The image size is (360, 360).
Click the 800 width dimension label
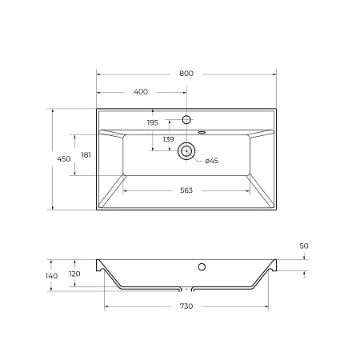[186, 74]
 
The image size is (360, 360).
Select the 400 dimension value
[141, 92]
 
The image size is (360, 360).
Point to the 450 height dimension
[63, 160]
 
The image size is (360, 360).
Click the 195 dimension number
[153, 122]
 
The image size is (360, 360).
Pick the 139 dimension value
[168, 140]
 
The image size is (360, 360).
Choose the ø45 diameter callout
[212, 162]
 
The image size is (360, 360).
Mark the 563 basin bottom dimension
[186, 190]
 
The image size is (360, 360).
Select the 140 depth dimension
[51, 276]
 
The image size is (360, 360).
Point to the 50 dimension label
[304, 246]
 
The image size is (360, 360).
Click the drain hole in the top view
[187, 150]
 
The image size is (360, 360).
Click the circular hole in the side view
[202, 266]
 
